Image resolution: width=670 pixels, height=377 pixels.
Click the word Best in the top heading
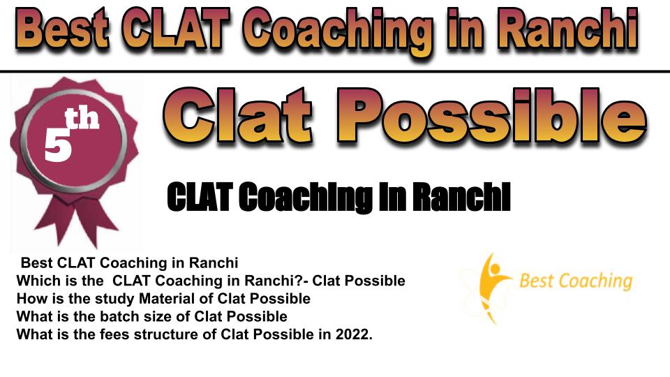64,29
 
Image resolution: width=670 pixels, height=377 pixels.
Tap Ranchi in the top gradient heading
567,29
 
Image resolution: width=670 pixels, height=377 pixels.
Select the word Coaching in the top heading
340,33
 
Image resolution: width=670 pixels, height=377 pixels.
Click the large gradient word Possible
491,115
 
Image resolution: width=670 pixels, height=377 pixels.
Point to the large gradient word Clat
237,115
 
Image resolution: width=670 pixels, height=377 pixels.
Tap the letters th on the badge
82,119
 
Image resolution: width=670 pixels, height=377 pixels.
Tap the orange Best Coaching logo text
576,281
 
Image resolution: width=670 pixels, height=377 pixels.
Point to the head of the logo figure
494,269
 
